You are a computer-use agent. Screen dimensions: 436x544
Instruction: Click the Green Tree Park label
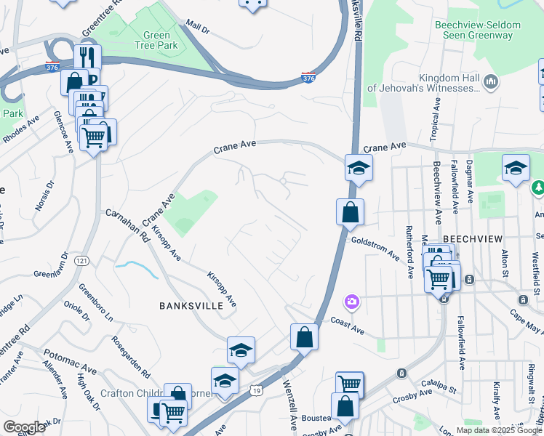[152, 41]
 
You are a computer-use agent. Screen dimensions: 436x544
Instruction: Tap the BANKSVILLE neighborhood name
[191, 306]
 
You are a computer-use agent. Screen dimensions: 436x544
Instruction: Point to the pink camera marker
[352, 301]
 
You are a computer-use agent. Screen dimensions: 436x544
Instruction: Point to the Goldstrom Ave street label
[375, 246]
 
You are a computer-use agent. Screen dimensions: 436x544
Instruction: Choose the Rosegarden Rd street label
[131, 357]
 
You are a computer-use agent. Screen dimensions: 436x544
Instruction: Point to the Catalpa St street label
[437, 387]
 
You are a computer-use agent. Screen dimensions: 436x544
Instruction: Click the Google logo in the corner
[24, 427]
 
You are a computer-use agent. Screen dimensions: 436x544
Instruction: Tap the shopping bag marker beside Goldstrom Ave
[350, 212]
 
